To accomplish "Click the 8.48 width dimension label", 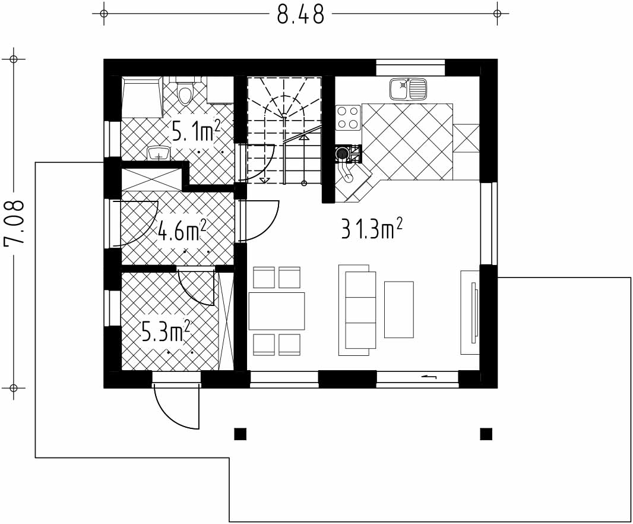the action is (300, 14).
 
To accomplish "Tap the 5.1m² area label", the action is (196, 131).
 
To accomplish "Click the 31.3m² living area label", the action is (372, 229).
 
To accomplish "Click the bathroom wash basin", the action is (159, 153).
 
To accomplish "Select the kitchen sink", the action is (408, 89).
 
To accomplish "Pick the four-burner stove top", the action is (348, 118).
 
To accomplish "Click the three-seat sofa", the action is (357, 310).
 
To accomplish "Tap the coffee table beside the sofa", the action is (399, 310).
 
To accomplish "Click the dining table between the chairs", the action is (277, 311).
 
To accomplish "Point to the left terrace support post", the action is (240, 434).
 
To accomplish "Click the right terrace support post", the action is (486, 434).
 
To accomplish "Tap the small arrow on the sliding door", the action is (429, 377).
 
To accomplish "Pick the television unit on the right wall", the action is (470, 312).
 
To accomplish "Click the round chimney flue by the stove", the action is (343, 153).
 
